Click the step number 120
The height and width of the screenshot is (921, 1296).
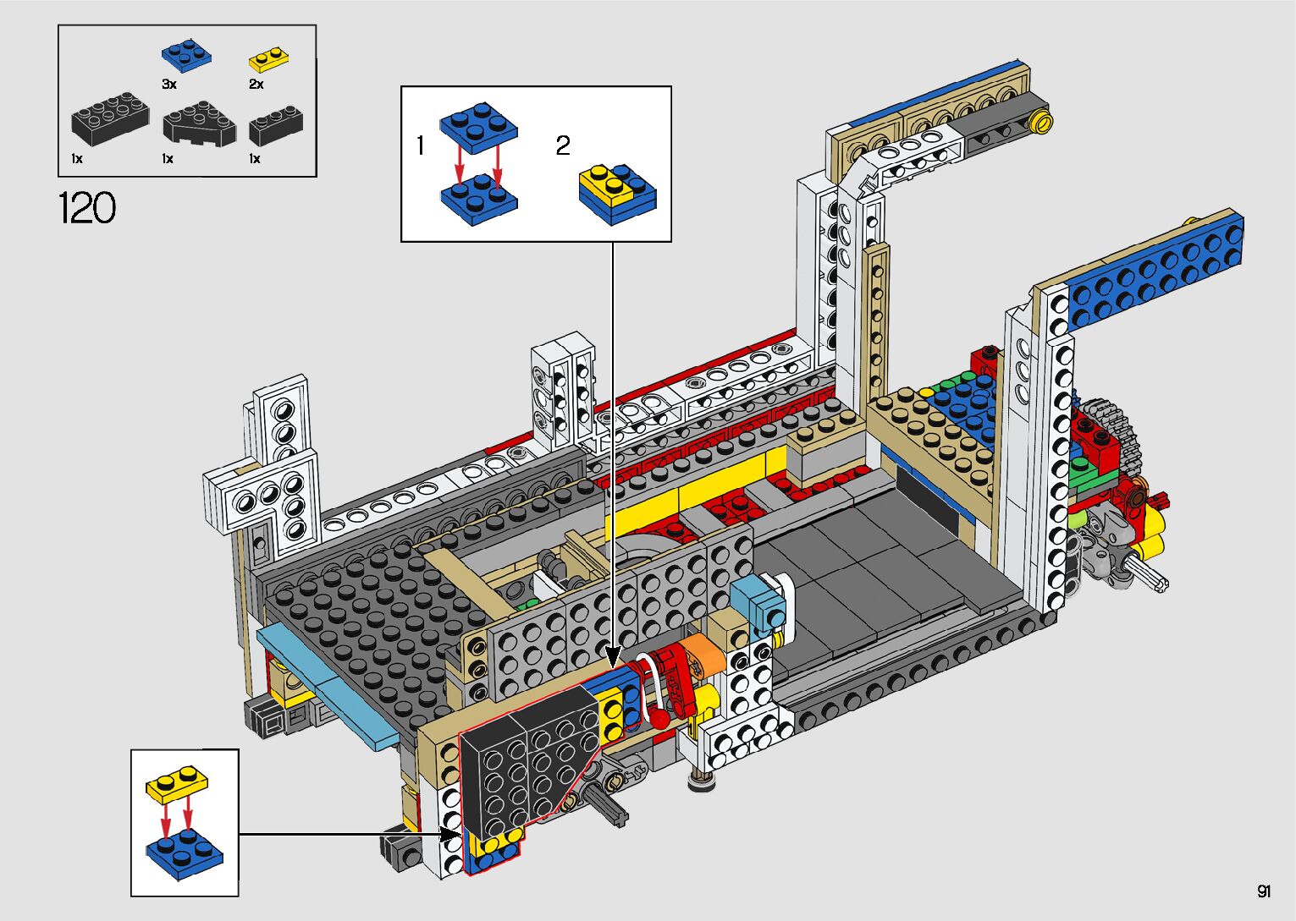click(x=87, y=208)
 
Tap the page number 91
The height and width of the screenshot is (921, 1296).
click(x=1264, y=891)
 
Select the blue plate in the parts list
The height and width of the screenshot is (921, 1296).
click(x=186, y=55)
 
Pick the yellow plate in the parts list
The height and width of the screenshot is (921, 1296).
click(x=268, y=59)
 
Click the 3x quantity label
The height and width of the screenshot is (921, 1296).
click(x=169, y=84)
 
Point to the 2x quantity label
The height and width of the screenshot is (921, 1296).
click(x=256, y=84)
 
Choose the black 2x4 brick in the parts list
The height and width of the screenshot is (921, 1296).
click(x=110, y=120)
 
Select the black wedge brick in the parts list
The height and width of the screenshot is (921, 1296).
click(x=200, y=123)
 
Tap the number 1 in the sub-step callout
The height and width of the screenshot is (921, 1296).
click(x=420, y=146)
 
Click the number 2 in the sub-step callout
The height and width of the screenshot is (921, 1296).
click(x=563, y=146)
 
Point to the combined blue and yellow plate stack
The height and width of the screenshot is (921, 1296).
click(x=618, y=195)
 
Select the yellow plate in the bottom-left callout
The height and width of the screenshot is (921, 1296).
click(x=178, y=785)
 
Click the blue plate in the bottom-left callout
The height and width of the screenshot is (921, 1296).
click(x=185, y=852)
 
